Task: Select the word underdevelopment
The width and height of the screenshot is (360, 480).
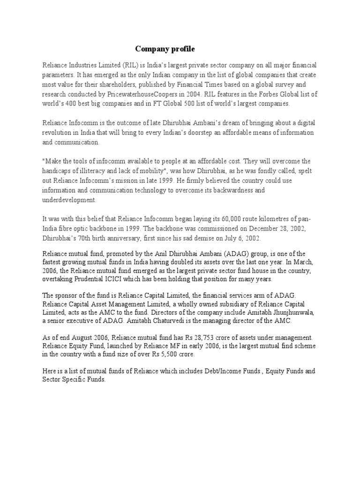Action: (x=69, y=200)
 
